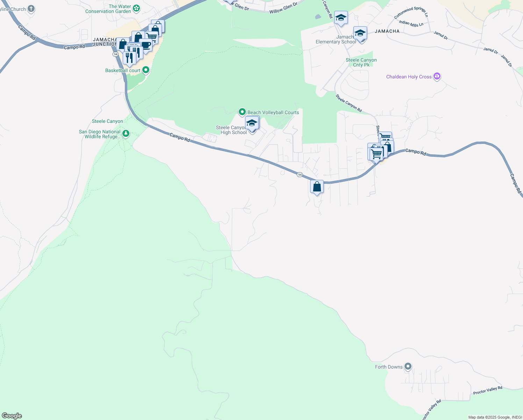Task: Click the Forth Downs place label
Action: click(389, 367)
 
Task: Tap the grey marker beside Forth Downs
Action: click(408, 366)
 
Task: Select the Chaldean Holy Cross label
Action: click(409, 77)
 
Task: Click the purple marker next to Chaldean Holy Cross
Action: click(437, 76)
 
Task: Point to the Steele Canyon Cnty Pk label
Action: click(361, 62)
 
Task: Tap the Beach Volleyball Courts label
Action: click(273, 112)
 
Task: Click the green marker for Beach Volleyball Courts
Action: click(242, 112)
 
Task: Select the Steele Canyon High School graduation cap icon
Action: click(252, 123)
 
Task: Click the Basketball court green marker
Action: click(146, 70)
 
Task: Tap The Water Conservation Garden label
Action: click(108, 9)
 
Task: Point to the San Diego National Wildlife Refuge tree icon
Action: click(126, 133)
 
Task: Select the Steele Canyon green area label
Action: click(107, 121)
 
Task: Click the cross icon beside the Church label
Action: click(31, 9)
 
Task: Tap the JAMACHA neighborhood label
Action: click(387, 31)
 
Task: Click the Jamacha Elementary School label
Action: click(336, 40)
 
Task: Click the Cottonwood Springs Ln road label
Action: click(411, 13)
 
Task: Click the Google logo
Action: click(12, 416)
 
